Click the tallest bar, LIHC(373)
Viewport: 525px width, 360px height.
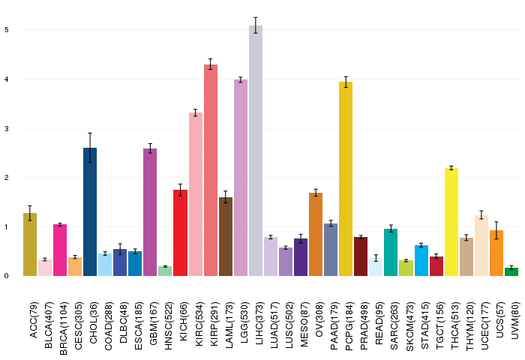256,151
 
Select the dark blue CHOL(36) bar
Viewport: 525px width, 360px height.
90,212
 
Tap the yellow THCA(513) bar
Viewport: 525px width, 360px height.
451,222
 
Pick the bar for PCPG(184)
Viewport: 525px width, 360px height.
346,178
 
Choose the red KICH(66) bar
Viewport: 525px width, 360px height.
180,233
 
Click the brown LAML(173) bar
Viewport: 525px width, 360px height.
226,237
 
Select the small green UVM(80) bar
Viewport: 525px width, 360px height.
511,272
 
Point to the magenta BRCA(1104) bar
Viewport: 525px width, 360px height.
60,250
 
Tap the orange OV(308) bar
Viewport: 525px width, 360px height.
316,235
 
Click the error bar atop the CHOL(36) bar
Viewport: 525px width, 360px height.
90,148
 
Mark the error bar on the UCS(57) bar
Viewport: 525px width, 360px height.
496,230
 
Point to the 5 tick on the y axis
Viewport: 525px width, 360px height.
7,30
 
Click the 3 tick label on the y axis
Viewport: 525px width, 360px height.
7,128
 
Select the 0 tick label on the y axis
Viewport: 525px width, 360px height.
7,276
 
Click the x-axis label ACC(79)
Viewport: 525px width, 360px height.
34,319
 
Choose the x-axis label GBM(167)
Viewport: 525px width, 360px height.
153,323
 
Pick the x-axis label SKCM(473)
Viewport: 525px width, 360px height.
409,326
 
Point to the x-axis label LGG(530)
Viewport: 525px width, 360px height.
244,322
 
